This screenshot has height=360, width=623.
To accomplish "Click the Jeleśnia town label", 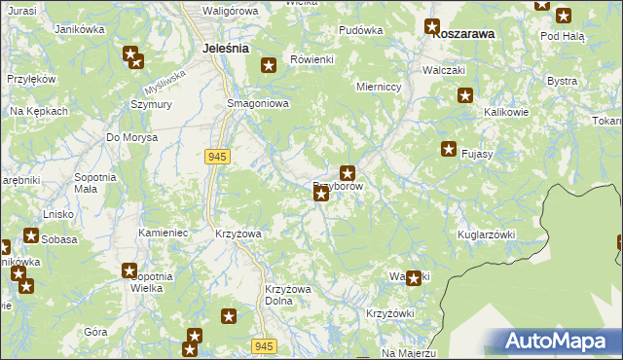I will click(x=225, y=47).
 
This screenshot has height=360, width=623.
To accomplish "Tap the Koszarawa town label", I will click(x=463, y=32).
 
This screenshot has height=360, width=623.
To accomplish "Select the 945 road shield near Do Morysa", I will click(x=217, y=157).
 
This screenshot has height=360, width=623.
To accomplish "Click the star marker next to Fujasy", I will click(x=449, y=149).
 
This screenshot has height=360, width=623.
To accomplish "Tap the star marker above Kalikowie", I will click(x=465, y=95).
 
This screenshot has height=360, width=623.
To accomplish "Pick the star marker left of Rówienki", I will click(x=269, y=66).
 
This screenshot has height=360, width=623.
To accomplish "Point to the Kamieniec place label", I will click(x=163, y=234).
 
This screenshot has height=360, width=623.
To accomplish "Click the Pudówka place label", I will click(x=360, y=30).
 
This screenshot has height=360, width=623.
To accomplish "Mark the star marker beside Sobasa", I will click(x=31, y=235).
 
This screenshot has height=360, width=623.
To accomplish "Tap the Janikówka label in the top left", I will click(x=81, y=30).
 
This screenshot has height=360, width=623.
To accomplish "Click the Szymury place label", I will click(x=151, y=104).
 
